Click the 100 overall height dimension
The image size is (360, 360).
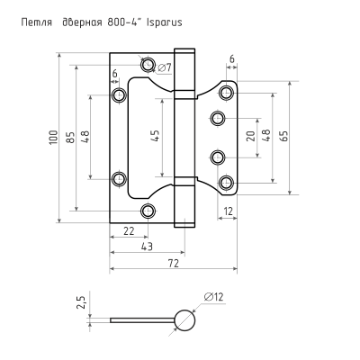click(x=53, y=138)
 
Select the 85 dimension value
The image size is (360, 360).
click(x=70, y=138)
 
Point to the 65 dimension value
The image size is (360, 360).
click(x=284, y=136)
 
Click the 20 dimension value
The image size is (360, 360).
click(x=251, y=137)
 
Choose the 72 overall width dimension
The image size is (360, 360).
click(x=174, y=263)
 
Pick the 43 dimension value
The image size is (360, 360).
click(x=147, y=247)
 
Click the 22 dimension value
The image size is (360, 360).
click(x=129, y=230)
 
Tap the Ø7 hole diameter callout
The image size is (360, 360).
click(x=164, y=67)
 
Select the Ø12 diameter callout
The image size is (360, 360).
click(x=214, y=297)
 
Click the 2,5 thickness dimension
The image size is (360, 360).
click(x=82, y=302)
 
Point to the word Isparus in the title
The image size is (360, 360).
click(x=164, y=22)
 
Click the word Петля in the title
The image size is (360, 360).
click(x=37, y=22)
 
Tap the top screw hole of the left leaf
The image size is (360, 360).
click(x=148, y=64)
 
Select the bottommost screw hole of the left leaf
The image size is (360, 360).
click(x=148, y=211)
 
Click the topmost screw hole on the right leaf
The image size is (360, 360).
click(x=226, y=93)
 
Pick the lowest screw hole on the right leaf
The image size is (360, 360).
click(x=226, y=182)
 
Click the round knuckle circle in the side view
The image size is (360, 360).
click(x=184, y=320)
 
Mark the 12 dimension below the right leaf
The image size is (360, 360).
click(x=228, y=211)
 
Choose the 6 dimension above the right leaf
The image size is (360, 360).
click(x=232, y=59)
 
